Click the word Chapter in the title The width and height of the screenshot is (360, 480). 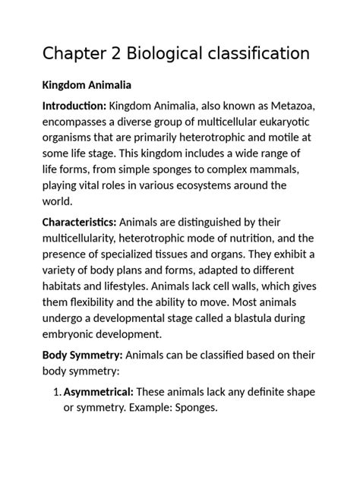77,54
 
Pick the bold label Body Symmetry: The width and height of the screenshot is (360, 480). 81,355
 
